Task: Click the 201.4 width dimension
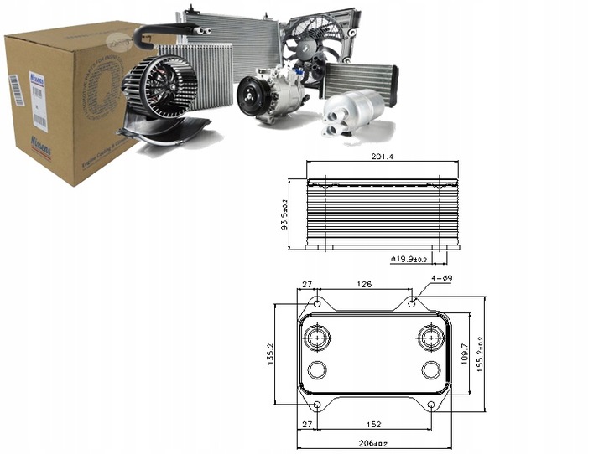pyautogui.click(x=383, y=156)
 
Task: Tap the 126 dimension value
pyautogui.click(x=364, y=285)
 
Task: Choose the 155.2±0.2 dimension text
pyautogui.click(x=480, y=354)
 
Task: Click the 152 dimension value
pyautogui.click(x=374, y=424)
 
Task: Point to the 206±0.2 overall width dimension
pyautogui.click(x=375, y=445)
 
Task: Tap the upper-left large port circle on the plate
pyautogui.click(x=318, y=339)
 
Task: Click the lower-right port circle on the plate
pyautogui.click(x=431, y=370)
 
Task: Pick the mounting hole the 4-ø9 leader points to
pyautogui.click(x=412, y=302)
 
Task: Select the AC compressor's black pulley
pyautogui.click(x=250, y=97)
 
